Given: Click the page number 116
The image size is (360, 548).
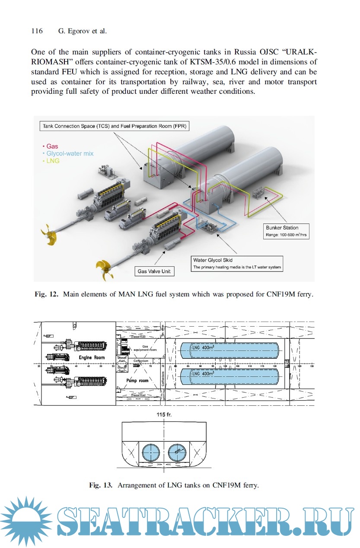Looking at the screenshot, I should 37,31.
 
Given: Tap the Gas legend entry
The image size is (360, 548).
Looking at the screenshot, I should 51,147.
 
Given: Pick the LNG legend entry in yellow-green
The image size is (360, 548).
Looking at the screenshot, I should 51,161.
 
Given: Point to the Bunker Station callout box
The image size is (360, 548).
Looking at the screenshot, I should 286,231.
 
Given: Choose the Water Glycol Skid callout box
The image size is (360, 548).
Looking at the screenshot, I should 237,264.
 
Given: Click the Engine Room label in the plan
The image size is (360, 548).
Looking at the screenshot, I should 92,357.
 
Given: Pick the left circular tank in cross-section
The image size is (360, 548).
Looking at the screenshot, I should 151,452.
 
